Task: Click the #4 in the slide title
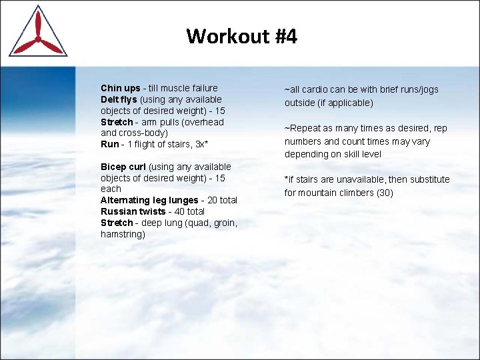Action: click(285, 36)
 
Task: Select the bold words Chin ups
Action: click(121, 88)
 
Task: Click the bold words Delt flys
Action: click(119, 99)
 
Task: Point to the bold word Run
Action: click(109, 144)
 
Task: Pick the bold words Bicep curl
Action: click(123, 167)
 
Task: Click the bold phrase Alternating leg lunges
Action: click(149, 200)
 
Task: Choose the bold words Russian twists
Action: click(133, 211)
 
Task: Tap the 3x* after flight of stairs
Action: click(201, 144)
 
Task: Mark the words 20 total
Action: click(223, 200)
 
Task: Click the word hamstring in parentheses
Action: click(123, 234)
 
